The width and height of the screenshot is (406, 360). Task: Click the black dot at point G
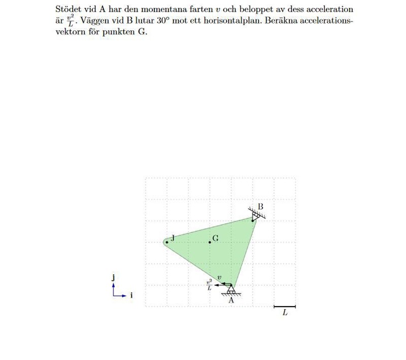(x=210, y=242)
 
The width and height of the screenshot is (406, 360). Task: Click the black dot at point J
(x=167, y=242)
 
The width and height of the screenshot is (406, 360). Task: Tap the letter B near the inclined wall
(x=260, y=207)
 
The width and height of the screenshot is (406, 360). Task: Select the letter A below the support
(x=231, y=300)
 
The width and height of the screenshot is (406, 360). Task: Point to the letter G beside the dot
(x=216, y=238)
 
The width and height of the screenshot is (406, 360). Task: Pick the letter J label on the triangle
(x=173, y=238)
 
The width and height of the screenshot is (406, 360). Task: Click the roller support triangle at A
(x=231, y=289)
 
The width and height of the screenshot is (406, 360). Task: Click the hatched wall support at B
(x=257, y=214)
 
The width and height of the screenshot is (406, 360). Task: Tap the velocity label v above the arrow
(x=219, y=278)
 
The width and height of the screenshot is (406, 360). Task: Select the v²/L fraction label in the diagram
(x=209, y=285)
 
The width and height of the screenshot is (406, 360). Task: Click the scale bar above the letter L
(x=284, y=307)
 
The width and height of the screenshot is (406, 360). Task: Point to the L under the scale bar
(x=285, y=313)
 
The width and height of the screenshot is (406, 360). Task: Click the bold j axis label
(x=113, y=277)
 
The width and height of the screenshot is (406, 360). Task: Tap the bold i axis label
(x=131, y=295)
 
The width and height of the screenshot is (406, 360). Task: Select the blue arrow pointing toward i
(x=120, y=295)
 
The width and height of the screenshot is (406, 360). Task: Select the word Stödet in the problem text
(x=68, y=10)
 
